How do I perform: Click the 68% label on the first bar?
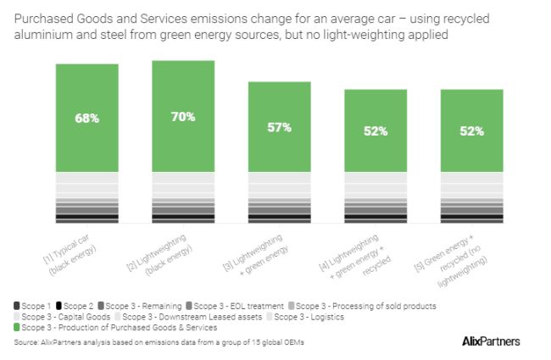click(x=86, y=118)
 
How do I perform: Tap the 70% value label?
click(x=183, y=116)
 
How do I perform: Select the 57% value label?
click(x=279, y=127)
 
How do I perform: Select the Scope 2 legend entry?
click(x=78, y=305)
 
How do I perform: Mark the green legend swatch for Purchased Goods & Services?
click(x=17, y=326)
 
